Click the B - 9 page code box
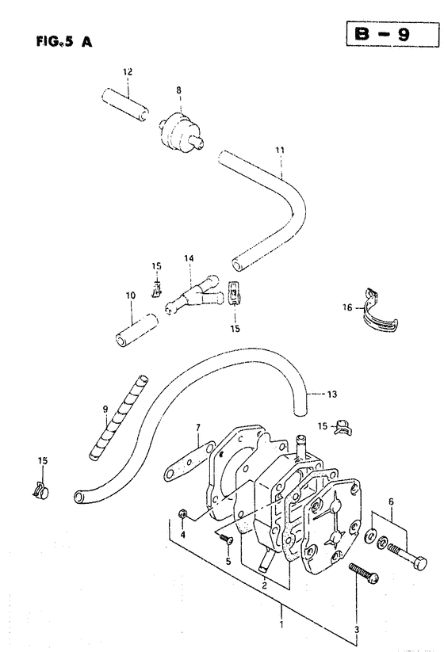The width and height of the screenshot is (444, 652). (392, 35)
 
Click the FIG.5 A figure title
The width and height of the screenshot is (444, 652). (64, 41)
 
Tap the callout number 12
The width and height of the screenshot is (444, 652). (128, 71)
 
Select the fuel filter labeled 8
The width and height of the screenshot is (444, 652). (181, 128)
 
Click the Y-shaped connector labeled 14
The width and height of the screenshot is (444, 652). (194, 295)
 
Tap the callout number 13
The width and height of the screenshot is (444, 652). (332, 395)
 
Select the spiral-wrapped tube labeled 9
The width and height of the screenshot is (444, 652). (119, 417)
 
